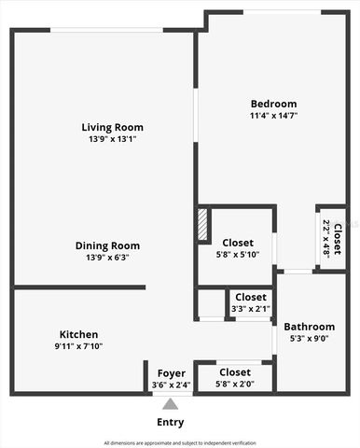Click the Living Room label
(112, 127)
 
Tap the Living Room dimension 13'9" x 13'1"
(112, 139)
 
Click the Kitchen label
(78, 334)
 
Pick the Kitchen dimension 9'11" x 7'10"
(78, 346)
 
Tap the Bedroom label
(273, 104)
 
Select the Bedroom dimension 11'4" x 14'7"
(273, 116)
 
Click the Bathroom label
(309, 327)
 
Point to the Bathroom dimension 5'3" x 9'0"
(309, 339)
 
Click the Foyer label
(171, 373)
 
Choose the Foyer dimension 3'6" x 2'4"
(171, 385)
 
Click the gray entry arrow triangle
(170, 404)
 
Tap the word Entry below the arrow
(170, 422)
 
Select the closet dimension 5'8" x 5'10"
(238, 255)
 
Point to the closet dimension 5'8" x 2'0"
(235, 384)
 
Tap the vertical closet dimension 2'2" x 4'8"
(327, 238)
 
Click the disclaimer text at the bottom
(179, 442)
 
